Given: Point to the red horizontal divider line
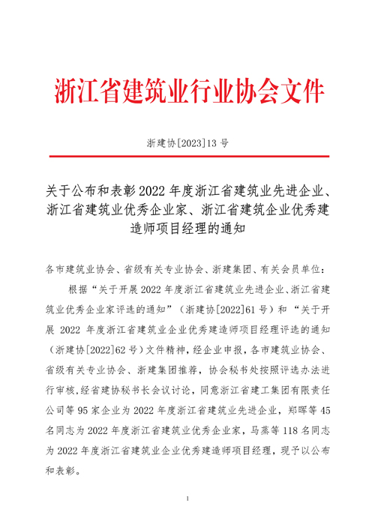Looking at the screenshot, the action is coord(188,156).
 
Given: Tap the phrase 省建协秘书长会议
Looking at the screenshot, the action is coord(112,390).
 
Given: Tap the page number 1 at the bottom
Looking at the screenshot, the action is coord(187,499).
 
